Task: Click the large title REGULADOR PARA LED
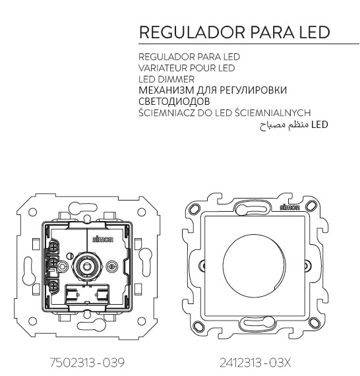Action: [235, 32]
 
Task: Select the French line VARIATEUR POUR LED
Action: [187, 68]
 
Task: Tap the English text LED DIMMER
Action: [166, 79]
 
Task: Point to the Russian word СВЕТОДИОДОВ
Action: [174, 102]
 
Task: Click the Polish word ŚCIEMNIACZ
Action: [167, 112]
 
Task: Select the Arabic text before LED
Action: [284, 125]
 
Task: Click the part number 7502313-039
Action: [87, 362]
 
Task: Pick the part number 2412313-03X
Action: [255, 363]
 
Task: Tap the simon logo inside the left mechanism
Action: [103, 239]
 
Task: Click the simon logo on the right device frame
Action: [289, 207]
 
